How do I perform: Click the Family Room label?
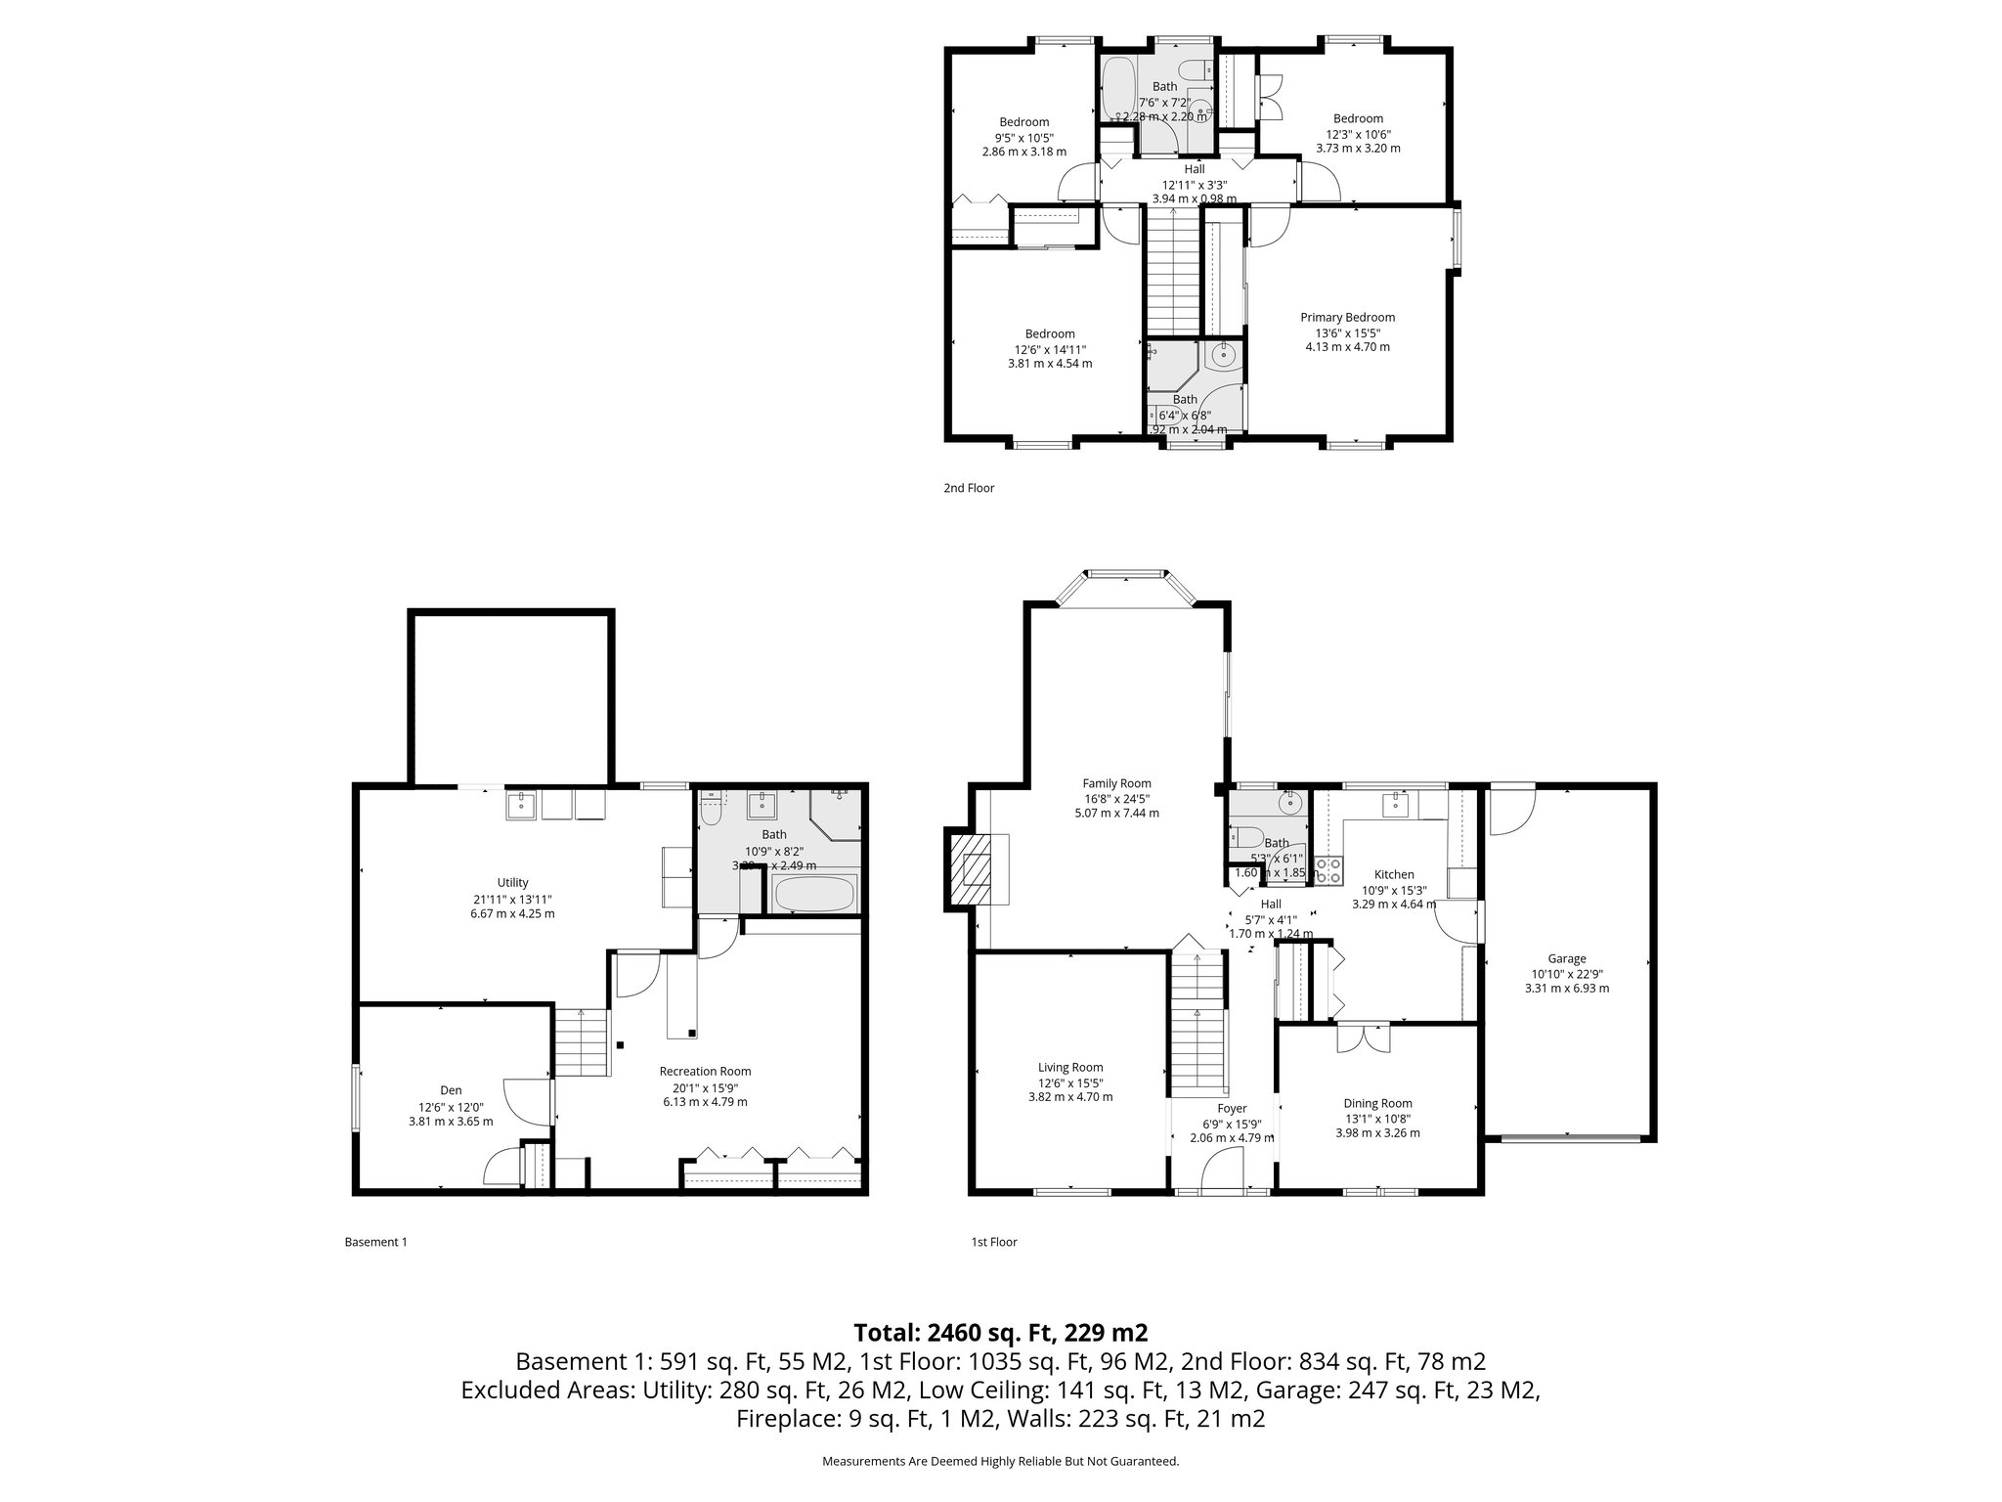[1116, 783]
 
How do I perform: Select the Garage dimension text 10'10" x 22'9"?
[1566, 974]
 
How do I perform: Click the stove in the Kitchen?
[1327, 870]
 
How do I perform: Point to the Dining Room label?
[1377, 1103]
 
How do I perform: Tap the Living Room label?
[1070, 1068]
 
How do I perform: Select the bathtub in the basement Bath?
[814, 893]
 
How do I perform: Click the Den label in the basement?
[450, 1090]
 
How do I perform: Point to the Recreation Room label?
[705, 1072]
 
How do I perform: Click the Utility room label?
[512, 883]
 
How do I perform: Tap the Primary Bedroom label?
[1347, 318]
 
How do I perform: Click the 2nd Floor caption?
[968, 488]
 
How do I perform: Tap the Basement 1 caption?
[375, 1243]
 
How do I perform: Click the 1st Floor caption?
[993, 1243]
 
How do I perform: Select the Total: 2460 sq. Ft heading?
[1000, 1333]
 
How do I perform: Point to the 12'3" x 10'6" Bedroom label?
[1358, 119]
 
